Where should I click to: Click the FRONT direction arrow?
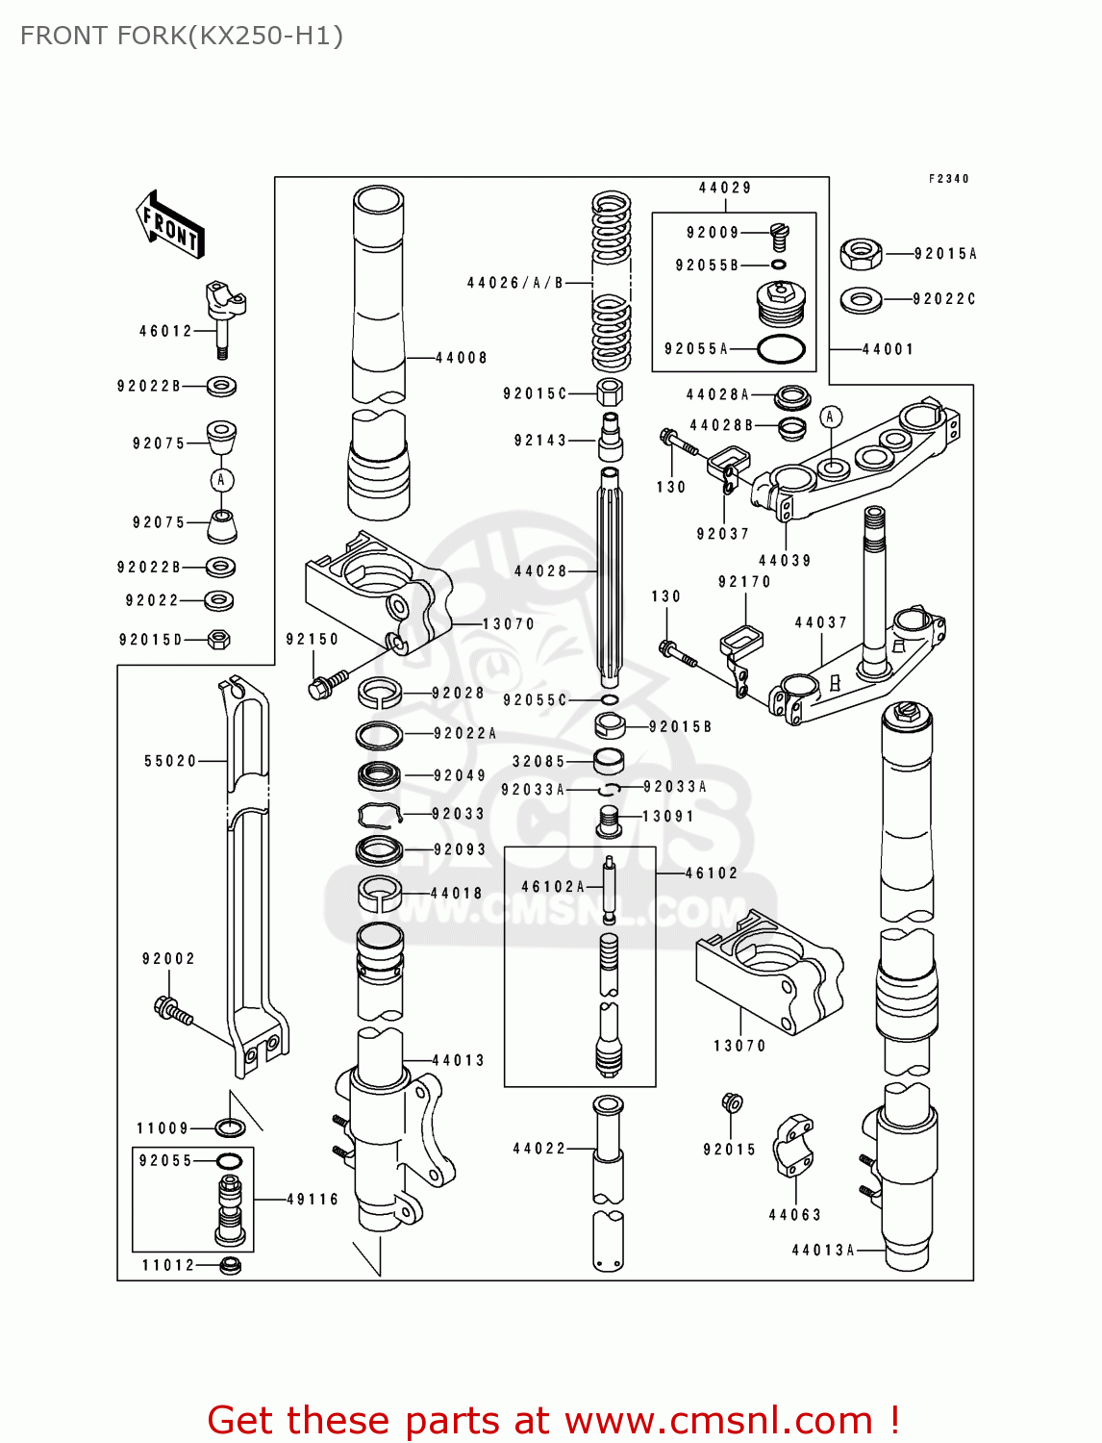170,225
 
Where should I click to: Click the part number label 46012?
165,331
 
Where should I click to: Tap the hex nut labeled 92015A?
861,254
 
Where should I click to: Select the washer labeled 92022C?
861,300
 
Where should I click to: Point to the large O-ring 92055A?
780,350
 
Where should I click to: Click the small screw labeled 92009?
779,235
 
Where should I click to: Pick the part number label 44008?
462,358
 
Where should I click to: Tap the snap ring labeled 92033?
379,815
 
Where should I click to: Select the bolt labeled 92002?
172,1010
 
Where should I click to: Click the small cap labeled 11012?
230,1265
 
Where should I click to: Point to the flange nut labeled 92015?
731,1102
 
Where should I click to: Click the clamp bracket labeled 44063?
793,1145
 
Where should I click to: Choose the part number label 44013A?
823,1250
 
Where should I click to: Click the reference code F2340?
948,179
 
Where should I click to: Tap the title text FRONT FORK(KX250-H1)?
182,36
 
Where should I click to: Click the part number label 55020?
170,761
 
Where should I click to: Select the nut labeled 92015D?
219,639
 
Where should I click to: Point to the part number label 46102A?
553,886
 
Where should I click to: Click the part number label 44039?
785,561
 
